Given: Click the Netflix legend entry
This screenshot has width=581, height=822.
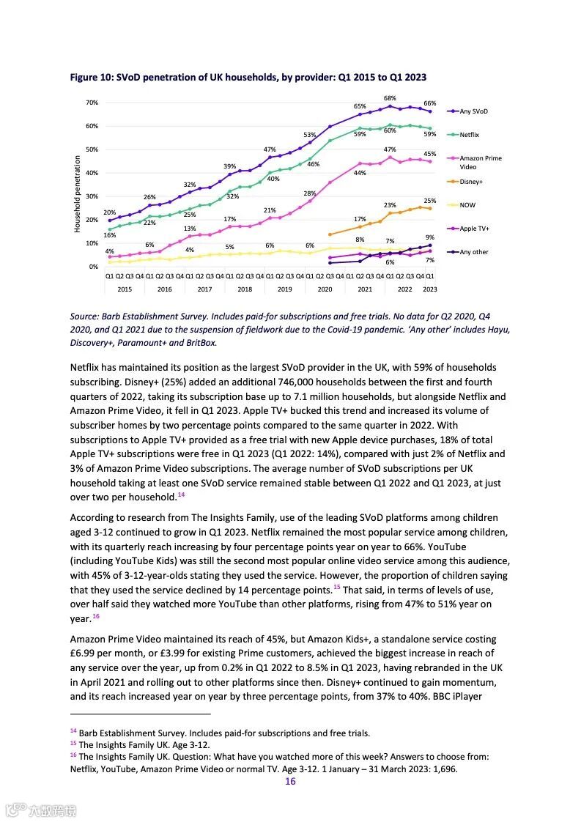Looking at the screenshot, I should click(469, 135).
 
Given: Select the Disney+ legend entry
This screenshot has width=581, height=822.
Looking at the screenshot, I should click(470, 182).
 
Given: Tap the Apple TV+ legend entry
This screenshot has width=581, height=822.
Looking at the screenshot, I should click(474, 229).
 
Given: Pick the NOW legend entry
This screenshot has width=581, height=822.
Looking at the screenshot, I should click(467, 205).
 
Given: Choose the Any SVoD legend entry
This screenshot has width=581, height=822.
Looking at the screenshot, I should click(473, 111).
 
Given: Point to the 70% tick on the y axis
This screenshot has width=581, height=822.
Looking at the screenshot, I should click(92, 103).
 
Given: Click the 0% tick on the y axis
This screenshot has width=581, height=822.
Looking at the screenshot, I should click(94, 267).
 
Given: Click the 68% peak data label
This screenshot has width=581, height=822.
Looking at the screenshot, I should click(390, 98).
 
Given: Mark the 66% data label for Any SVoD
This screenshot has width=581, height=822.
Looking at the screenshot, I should click(430, 104).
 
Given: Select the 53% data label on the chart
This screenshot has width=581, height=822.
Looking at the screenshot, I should click(310, 135).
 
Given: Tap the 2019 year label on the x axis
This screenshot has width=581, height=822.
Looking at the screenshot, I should click(284, 289).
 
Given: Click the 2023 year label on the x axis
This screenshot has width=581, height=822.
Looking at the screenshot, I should click(430, 289).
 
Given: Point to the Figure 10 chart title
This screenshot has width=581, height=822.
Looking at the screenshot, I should click(248, 77).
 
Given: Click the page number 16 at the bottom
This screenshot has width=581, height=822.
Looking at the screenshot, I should click(290, 782).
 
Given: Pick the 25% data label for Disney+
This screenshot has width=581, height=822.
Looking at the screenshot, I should click(430, 201).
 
